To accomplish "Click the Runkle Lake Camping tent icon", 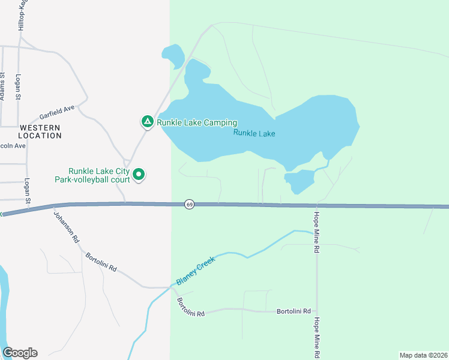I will (x=147, y=122).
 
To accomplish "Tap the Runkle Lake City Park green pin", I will (x=139, y=175).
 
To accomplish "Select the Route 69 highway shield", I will (x=189, y=205).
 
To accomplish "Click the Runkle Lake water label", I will (x=255, y=133).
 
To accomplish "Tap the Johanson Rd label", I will (x=66, y=227).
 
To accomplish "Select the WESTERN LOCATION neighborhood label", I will (x=40, y=131).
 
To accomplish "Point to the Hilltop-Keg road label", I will (x=22, y=16).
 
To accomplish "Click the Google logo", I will (x=20, y=353).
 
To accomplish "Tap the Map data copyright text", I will (x=423, y=355).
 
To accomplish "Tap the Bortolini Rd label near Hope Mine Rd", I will (x=294, y=311).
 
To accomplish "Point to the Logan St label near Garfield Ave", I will (x=19, y=88).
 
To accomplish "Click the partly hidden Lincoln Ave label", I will (x=13, y=146).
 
